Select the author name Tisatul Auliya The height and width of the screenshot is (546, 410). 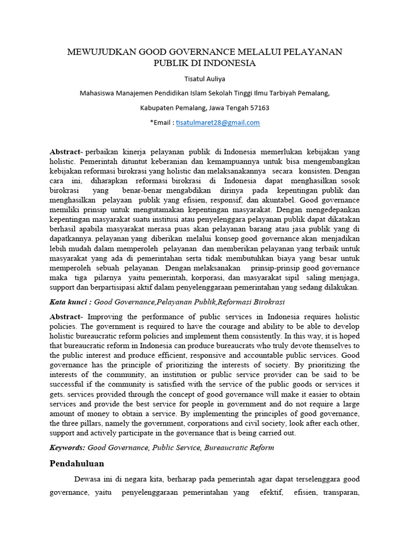click(x=205, y=79)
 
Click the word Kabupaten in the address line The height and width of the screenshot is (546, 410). click(x=157, y=108)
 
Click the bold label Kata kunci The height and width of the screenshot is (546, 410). click(x=67, y=302)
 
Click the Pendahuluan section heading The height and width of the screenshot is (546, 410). click(x=76, y=463)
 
